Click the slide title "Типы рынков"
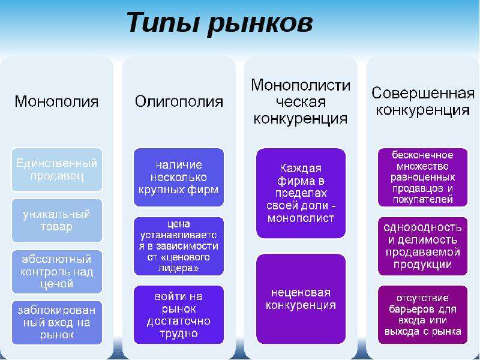220,23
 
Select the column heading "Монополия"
56,101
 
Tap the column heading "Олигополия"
179,101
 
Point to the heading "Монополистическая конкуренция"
301,101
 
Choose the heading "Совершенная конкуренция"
423,101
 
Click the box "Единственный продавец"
56,170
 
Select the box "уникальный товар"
56,220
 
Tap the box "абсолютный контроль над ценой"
56,272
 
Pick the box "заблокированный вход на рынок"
56,323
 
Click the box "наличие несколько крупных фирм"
179,177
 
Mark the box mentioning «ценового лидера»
179,246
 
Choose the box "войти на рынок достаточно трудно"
179,314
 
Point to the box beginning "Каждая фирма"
301,193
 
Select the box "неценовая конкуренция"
301,299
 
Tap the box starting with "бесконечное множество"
423,177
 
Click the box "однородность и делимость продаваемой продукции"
423,246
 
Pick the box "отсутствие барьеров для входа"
423,314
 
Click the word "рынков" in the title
260,23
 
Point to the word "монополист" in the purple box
301,218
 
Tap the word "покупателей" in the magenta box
423,200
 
